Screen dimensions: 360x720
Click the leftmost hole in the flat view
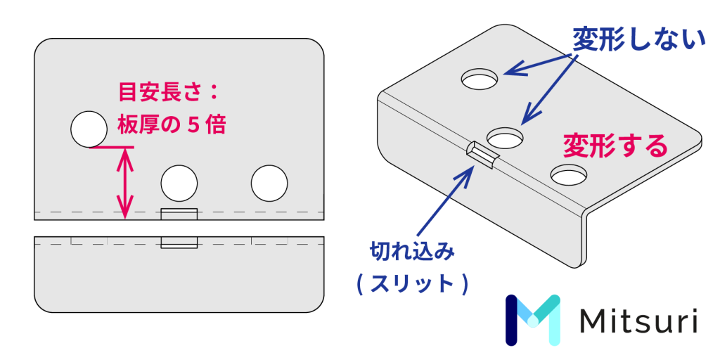tap(89, 129)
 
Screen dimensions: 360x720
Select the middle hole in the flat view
tap(179, 184)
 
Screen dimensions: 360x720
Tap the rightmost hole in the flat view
tap(269, 184)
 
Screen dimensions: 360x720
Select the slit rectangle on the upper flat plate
tap(179, 214)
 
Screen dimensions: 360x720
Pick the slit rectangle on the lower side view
tap(179, 243)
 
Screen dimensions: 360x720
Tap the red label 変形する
tap(615, 146)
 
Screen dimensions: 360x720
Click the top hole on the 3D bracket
tap(481, 79)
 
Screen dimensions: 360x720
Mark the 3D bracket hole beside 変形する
tap(570, 173)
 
